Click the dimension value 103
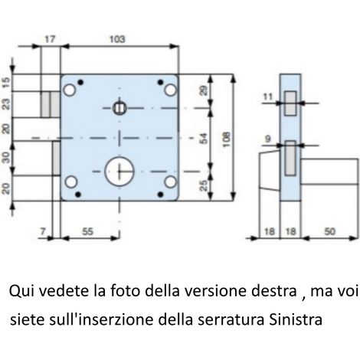click(117, 39)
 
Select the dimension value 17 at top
click(50, 39)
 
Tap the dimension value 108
click(226, 139)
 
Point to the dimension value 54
click(203, 139)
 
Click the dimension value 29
click(203, 90)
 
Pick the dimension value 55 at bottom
click(87, 231)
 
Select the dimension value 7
click(43, 231)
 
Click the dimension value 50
click(329, 231)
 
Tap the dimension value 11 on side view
click(268, 97)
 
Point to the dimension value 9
click(268, 139)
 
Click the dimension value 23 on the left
click(6, 104)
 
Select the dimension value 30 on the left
click(6, 158)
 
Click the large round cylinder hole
click(119, 171)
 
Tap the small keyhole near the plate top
click(119, 108)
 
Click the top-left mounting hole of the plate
click(69, 90)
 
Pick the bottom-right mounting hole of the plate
click(170, 182)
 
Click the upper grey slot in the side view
click(290, 103)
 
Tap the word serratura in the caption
click(231, 320)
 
